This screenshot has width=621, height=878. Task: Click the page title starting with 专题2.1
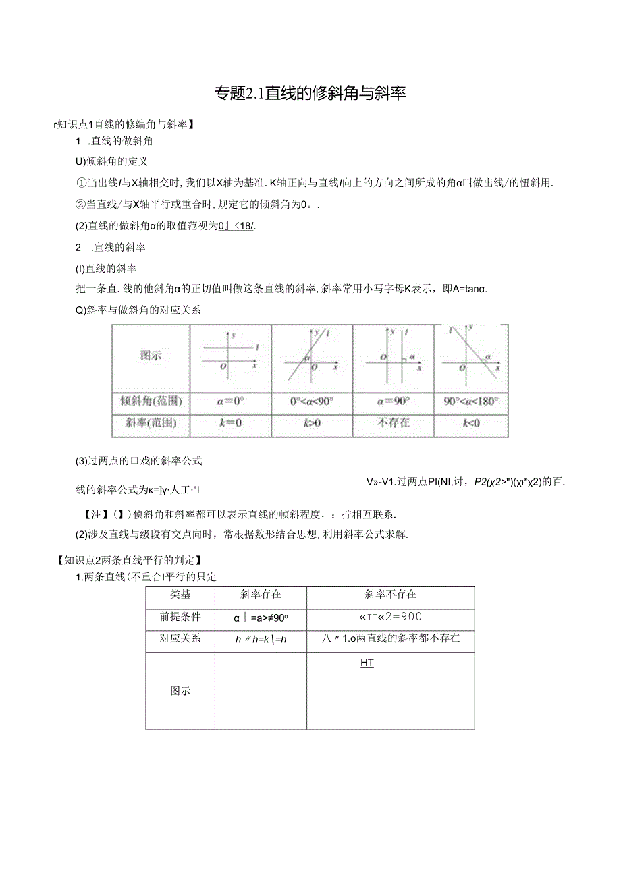(x=310, y=93)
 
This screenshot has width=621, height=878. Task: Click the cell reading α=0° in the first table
(x=231, y=401)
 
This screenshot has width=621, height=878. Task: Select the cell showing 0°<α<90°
(x=311, y=401)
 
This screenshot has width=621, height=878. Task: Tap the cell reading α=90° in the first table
(x=394, y=401)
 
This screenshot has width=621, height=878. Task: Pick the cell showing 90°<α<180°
(x=471, y=401)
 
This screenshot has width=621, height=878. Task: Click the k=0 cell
(x=231, y=424)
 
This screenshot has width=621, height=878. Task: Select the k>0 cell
(x=311, y=424)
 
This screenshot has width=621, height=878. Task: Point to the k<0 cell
(x=471, y=424)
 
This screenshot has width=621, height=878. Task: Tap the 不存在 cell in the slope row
(x=394, y=424)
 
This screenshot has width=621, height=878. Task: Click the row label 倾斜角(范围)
(x=151, y=401)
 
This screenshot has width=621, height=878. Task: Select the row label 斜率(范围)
(x=151, y=424)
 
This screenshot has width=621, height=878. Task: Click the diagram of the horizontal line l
(x=231, y=356)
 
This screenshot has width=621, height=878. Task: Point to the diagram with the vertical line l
(x=394, y=356)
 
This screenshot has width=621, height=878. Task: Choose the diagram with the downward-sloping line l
(x=471, y=356)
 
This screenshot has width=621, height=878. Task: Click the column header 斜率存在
(x=261, y=595)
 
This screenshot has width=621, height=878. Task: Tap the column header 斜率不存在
(x=390, y=595)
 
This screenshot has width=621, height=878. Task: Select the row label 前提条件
(x=180, y=616)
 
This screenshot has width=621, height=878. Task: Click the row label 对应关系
(x=180, y=638)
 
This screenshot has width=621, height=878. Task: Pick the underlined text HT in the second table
(x=367, y=663)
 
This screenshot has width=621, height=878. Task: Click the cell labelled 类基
(x=180, y=595)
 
